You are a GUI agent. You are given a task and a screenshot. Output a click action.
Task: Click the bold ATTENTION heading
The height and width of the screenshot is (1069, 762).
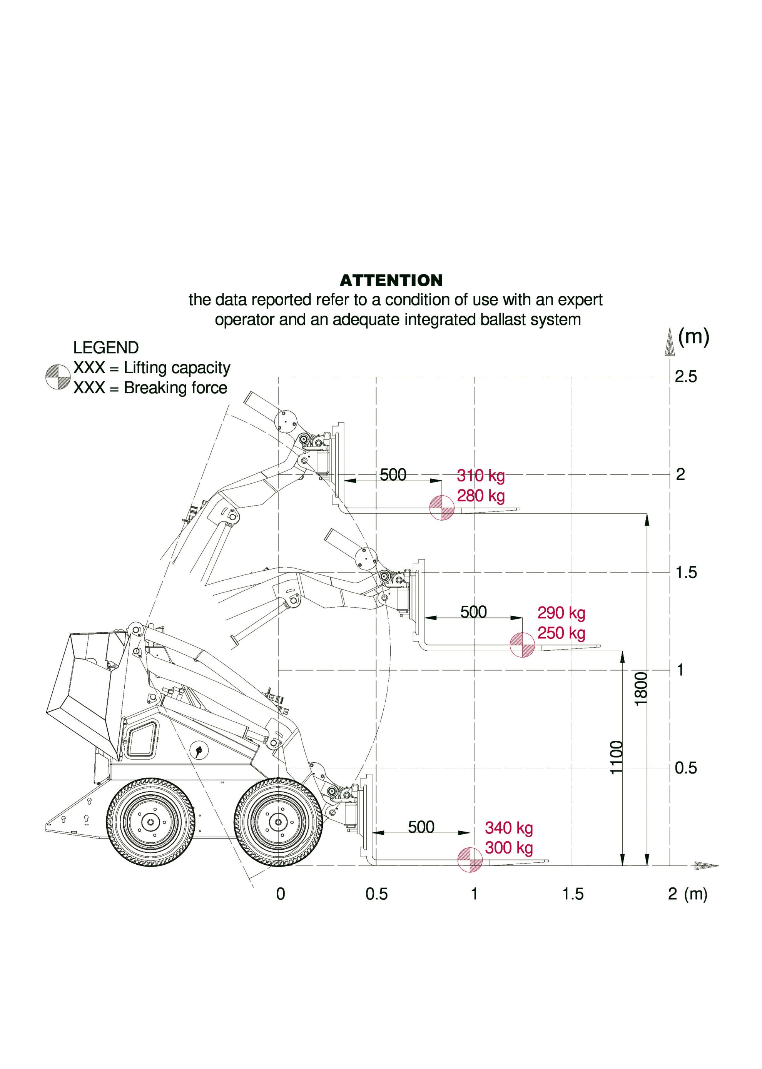click(391, 281)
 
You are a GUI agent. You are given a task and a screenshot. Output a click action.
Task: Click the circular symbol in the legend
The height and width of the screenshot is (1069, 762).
click(58, 377)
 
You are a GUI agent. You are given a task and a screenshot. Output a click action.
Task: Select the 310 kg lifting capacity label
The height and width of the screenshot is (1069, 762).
click(480, 476)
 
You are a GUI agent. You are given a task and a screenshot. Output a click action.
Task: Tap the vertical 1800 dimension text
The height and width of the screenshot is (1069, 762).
click(641, 688)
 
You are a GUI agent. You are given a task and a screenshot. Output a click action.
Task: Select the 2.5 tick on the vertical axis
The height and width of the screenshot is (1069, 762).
click(685, 377)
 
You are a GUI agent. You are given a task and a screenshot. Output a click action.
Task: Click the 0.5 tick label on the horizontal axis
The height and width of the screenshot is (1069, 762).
click(376, 894)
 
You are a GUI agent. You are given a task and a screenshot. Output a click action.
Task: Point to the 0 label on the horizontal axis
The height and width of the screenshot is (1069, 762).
click(281, 894)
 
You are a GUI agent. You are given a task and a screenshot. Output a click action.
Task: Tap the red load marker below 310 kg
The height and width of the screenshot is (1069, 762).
click(441, 508)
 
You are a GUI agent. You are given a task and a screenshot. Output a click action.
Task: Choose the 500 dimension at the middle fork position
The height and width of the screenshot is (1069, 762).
click(473, 612)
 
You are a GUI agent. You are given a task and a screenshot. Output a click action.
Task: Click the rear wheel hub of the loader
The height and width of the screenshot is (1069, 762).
click(150, 822)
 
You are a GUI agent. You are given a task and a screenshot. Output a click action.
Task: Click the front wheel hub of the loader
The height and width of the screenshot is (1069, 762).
click(278, 822)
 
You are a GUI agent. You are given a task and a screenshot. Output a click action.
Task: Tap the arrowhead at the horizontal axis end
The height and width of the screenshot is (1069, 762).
click(706, 866)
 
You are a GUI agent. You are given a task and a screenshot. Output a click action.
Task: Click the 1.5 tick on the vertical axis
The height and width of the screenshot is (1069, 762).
click(685, 573)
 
